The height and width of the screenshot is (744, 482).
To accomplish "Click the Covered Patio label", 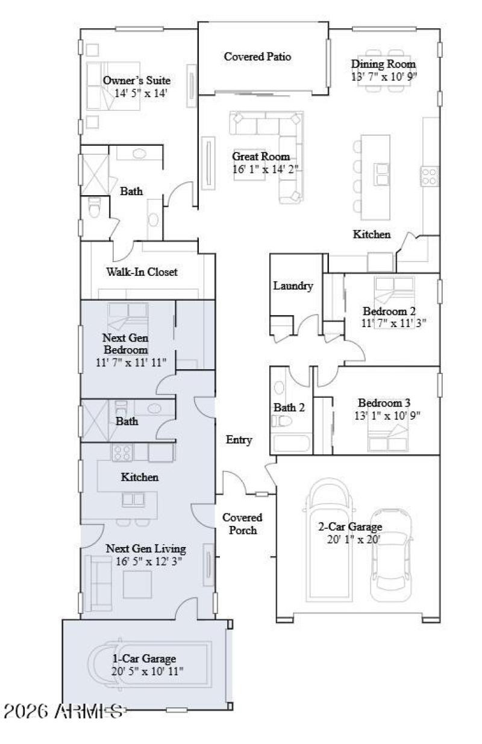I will [x=257, y=57].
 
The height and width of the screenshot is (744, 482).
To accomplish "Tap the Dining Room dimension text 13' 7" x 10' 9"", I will [x=384, y=77].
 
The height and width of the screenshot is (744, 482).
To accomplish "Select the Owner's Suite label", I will [x=136, y=81].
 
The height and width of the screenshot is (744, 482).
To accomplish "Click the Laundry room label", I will [x=293, y=286].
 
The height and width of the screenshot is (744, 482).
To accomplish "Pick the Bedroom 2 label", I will [x=390, y=311].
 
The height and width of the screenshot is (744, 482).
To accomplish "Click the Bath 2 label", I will [x=289, y=408].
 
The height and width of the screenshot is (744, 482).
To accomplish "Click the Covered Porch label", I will [x=242, y=524].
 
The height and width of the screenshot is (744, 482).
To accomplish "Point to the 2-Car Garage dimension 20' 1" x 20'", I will [x=354, y=540].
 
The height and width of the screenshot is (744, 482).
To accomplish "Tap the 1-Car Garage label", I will [x=145, y=658].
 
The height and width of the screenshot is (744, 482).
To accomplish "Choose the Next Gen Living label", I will [x=146, y=549].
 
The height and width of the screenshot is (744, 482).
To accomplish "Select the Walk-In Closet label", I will [x=142, y=272].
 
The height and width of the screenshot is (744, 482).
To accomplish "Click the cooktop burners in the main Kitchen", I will [x=429, y=175].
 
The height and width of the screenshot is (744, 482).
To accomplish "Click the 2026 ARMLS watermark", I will [x=64, y=711].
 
